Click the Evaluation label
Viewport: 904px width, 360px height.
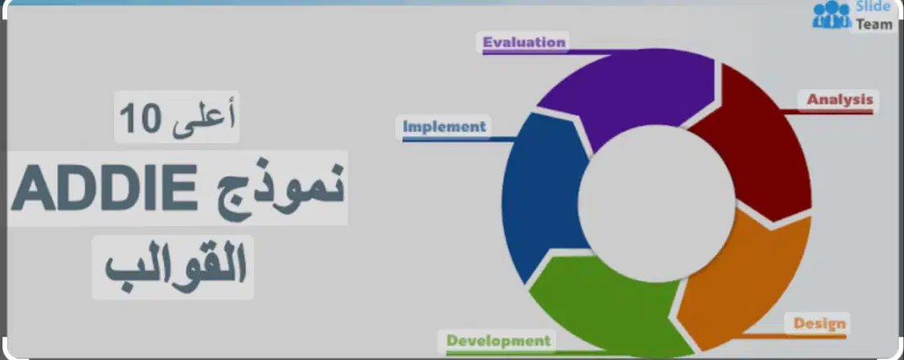(x=524, y=42)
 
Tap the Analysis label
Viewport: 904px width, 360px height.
(x=840, y=99)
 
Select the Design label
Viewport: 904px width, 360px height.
(x=820, y=324)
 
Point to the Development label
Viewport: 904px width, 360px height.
(x=499, y=341)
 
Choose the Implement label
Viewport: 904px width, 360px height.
(x=444, y=126)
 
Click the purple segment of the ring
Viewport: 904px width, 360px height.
(x=628, y=92)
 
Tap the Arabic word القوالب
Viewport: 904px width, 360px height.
(x=175, y=267)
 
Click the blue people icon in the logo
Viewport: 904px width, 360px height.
(x=832, y=14)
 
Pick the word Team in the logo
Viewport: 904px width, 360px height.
(x=874, y=25)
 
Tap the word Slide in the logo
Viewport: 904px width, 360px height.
(x=873, y=7)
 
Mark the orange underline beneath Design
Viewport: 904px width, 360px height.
(x=794, y=336)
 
